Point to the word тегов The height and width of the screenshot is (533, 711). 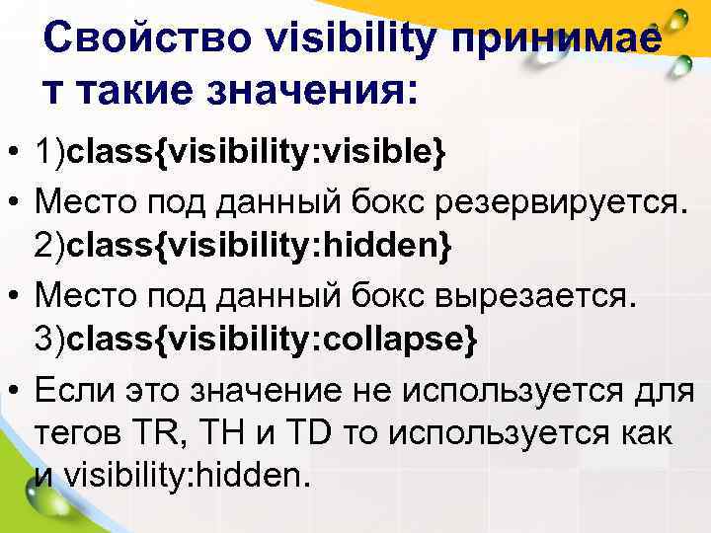[x=73, y=432]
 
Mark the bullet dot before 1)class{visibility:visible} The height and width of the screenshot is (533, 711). [x=15, y=156]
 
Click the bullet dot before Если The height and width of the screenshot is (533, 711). [x=15, y=388]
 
